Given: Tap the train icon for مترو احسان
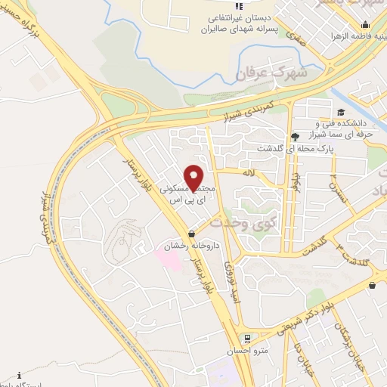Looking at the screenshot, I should tap(246, 338).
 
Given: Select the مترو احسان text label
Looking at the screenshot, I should tap(243, 352).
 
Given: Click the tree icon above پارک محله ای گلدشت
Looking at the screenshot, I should tap(293, 137).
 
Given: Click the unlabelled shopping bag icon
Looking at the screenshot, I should tap(373, 285).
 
